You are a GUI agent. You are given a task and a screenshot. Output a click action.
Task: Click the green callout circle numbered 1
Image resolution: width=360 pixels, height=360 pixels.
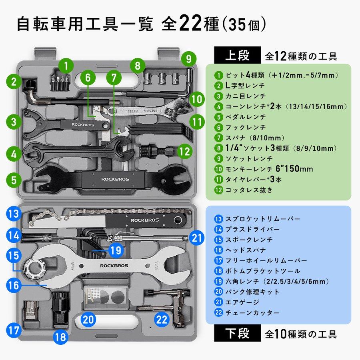point(66,64)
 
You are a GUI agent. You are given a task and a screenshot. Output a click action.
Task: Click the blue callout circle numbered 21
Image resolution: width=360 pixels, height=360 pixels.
point(196,238)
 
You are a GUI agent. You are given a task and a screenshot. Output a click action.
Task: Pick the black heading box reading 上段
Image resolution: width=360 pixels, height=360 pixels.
point(237,55)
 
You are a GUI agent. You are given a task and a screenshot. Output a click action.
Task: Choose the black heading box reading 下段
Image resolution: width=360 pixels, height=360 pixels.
point(237,333)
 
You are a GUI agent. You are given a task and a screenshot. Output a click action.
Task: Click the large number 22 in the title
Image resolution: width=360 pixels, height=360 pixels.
point(191,24)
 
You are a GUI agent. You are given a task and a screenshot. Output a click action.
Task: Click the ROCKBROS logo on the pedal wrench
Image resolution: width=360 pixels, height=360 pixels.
point(115,179)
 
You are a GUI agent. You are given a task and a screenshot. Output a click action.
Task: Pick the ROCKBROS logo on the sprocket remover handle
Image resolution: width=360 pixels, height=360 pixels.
point(145,220)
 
